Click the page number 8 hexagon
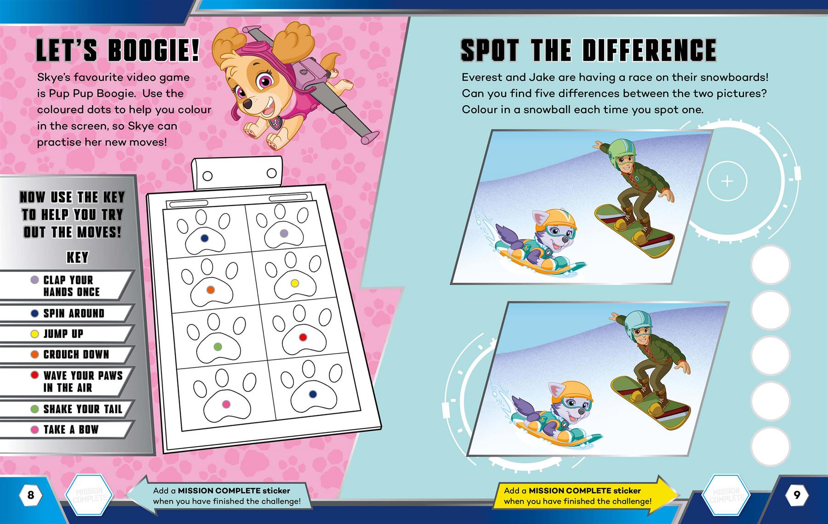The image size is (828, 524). [31, 495]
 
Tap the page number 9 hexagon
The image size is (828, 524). [796, 495]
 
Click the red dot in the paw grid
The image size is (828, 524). [303, 337]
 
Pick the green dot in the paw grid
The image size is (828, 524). [218, 346]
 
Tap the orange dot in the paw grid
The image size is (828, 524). [210, 290]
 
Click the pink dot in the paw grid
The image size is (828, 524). [226, 404]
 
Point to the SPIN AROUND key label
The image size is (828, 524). [74, 313]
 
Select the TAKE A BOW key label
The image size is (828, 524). [71, 429]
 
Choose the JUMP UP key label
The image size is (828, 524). [63, 334]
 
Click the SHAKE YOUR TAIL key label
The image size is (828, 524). [83, 409]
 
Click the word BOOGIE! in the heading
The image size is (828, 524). [154, 51]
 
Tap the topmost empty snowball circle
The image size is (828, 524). [770, 265]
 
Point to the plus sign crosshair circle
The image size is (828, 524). [727, 181]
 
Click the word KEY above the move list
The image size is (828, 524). [77, 257]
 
